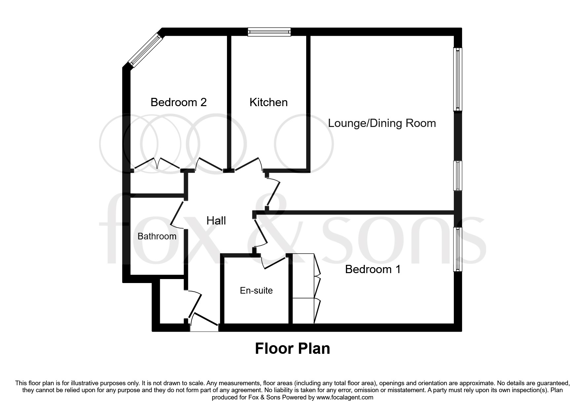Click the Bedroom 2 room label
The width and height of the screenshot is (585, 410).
point(178,102)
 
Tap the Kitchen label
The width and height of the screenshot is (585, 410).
point(268,102)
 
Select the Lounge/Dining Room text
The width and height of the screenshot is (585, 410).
point(382,123)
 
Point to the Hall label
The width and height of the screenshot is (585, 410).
point(216,221)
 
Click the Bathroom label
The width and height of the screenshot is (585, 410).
point(157,236)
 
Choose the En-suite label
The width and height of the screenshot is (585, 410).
point(256,291)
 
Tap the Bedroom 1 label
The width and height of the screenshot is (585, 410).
point(373,269)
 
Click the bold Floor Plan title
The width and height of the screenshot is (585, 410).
point(292,349)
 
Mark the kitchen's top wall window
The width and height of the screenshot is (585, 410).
point(269,32)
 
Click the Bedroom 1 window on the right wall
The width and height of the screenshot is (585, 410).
point(457,249)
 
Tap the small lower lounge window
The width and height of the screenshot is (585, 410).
point(457,176)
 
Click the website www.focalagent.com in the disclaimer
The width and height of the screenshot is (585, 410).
point(345,397)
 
